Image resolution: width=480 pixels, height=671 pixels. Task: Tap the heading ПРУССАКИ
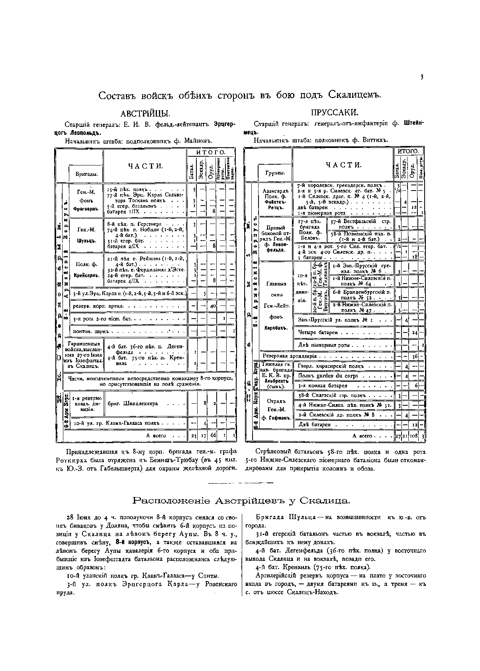pyautogui.click(x=335, y=113)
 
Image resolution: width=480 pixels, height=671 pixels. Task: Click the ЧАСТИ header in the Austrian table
pyautogui.click(x=145, y=166)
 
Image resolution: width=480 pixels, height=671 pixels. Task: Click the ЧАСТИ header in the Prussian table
pyautogui.click(x=344, y=165)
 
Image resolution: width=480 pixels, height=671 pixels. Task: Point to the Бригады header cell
pyautogui.click(x=86, y=175)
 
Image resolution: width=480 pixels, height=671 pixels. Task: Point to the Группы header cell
pyautogui.click(x=275, y=173)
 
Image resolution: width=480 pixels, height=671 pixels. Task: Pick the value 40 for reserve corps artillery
pyautogui.click(x=213, y=306)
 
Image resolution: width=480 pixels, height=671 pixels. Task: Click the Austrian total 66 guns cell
pyautogui.click(x=213, y=436)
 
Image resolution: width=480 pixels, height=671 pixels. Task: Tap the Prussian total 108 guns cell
pyautogui.click(x=413, y=436)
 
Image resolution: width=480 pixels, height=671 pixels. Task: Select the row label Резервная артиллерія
pyautogui.click(x=290, y=356)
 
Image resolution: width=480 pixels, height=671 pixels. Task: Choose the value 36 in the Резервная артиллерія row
pyautogui.click(x=415, y=356)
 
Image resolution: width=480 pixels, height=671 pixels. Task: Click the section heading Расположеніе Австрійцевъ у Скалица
pyautogui.click(x=241, y=500)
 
